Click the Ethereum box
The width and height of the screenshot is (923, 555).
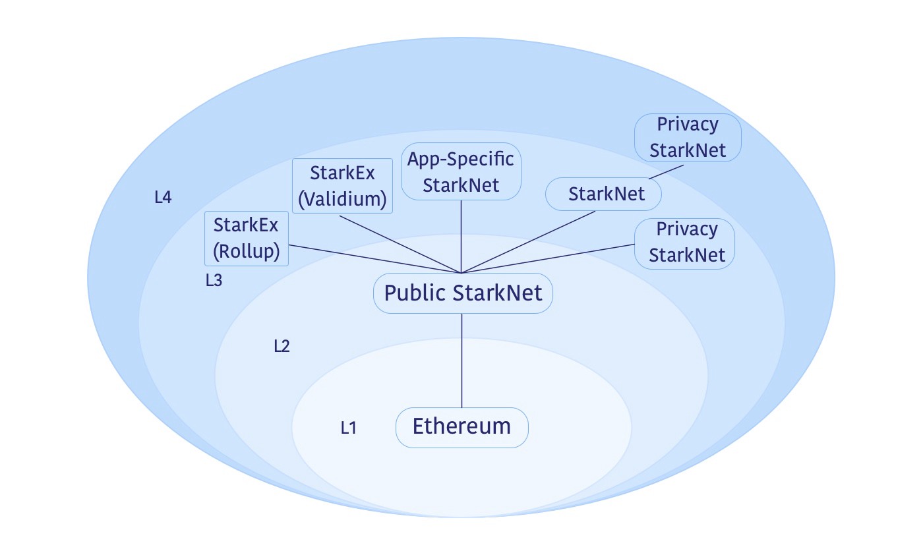click(x=461, y=427)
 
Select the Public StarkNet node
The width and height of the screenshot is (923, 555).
click(x=463, y=293)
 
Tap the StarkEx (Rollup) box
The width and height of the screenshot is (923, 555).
click(x=247, y=239)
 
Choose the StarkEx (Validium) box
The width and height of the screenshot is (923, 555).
click(x=342, y=186)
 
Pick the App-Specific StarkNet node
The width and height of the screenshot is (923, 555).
click(x=461, y=171)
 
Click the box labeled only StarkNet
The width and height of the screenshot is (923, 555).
click(x=603, y=194)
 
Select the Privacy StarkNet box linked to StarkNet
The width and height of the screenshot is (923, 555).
click(x=688, y=137)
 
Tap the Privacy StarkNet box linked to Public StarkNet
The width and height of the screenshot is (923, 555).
click(x=686, y=243)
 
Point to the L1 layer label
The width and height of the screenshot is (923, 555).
click(x=349, y=428)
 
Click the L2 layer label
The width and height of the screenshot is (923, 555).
click(x=282, y=346)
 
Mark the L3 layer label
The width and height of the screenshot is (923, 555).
click(x=214, y=281)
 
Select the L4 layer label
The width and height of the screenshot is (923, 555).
click(x=163, y=197)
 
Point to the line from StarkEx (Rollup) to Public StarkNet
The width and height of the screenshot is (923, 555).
click(x=375, y=259)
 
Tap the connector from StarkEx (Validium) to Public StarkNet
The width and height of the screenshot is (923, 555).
click(x=400, y=244)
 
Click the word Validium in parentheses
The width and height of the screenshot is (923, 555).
click(x=342, y=199)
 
